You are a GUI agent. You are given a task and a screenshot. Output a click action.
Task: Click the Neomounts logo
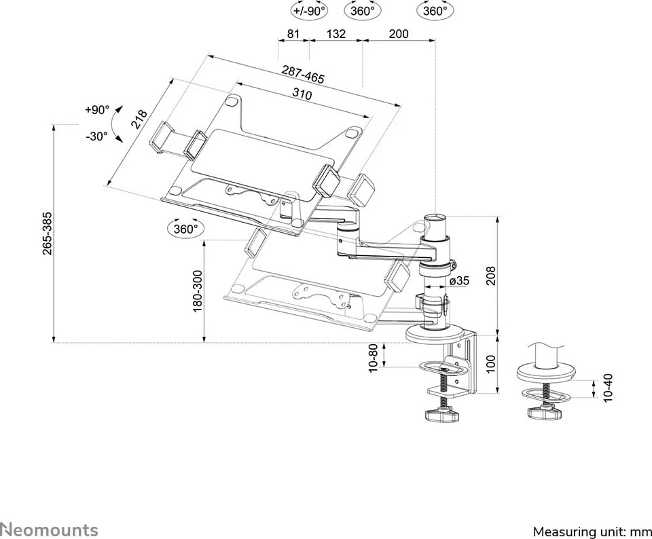[49, 529]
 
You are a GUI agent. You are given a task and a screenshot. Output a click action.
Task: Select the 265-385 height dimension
[47, 234]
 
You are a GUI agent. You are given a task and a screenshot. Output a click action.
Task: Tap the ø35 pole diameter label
[460, 281]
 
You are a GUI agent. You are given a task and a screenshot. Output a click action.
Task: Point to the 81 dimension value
[293, 33]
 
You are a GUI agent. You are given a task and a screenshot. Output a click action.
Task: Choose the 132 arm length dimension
[336, 33]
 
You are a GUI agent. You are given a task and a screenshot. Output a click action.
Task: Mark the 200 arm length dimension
[399, 33]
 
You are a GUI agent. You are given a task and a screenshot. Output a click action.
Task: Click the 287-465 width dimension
[304, 74]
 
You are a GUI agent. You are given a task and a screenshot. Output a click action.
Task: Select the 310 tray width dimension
[302, 94]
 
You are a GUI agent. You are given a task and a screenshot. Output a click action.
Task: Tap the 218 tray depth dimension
[140, 119]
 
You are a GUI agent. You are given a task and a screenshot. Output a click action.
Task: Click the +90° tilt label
[97, 109]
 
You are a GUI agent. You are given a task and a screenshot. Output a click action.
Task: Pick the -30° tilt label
[97, 136]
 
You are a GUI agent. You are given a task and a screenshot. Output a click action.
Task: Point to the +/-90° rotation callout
[309, 11]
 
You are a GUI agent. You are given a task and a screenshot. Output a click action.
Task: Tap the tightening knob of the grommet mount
[545, 412]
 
